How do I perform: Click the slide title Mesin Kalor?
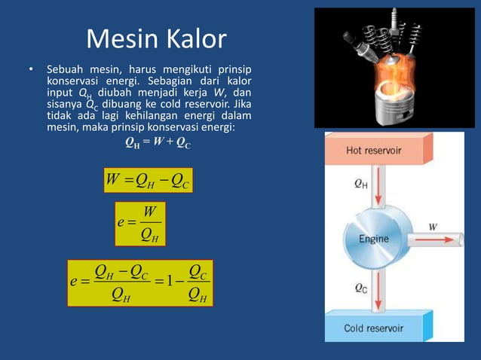click(156, 38)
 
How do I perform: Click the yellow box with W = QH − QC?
click(148, 180)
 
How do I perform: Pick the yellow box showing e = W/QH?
click(140, 224)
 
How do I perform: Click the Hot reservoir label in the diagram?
click(375, 150)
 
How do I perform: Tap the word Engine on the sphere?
click(374, 239)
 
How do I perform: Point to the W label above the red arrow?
click(432, 226)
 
